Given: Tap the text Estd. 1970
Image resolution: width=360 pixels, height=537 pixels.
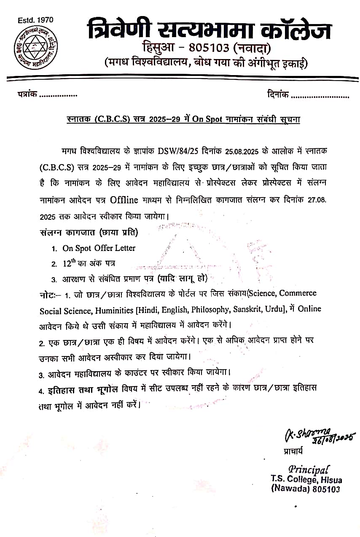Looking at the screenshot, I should coord(36,20).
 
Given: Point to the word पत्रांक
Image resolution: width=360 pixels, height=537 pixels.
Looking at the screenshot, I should coord(27,95).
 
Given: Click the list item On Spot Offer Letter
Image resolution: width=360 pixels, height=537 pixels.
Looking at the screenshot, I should coord(99,248).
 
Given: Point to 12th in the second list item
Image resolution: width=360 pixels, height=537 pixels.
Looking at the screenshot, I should coord(69,263).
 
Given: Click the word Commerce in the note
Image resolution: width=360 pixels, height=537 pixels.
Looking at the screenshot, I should coord(298,293).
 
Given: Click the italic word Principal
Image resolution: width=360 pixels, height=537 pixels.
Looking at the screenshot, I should coord(309,470).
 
